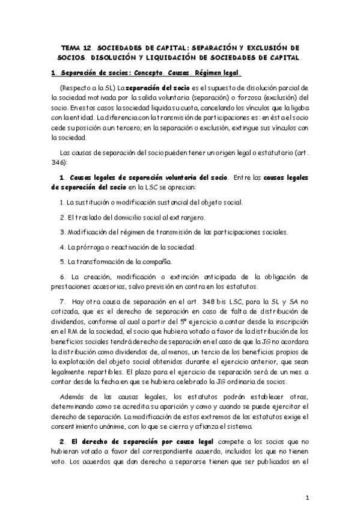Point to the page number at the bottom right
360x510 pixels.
[307, 497]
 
